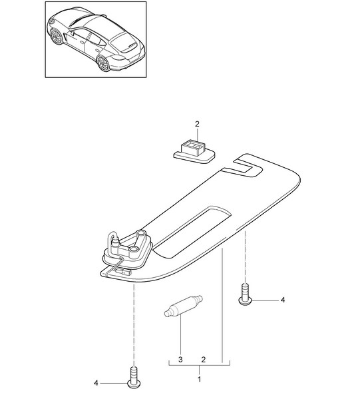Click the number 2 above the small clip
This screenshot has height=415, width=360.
click(197, 124)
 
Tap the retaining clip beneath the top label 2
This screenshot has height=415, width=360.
click(194, 153)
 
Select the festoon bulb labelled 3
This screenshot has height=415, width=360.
click(184, 306)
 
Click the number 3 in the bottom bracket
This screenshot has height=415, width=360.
click(180, 360)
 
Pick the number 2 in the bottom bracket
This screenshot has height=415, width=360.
click(203, 360)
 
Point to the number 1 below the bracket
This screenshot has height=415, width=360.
click(200, 379)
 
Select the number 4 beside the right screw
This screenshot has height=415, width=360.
click(283, 300)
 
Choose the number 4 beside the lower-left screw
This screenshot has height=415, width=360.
click(96, 383)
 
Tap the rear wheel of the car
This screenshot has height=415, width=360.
click(103, 63)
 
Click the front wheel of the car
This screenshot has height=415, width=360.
click(57, 37)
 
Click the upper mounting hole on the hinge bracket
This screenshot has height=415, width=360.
click(140, 233)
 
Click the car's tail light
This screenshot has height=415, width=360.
click(118, 58)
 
